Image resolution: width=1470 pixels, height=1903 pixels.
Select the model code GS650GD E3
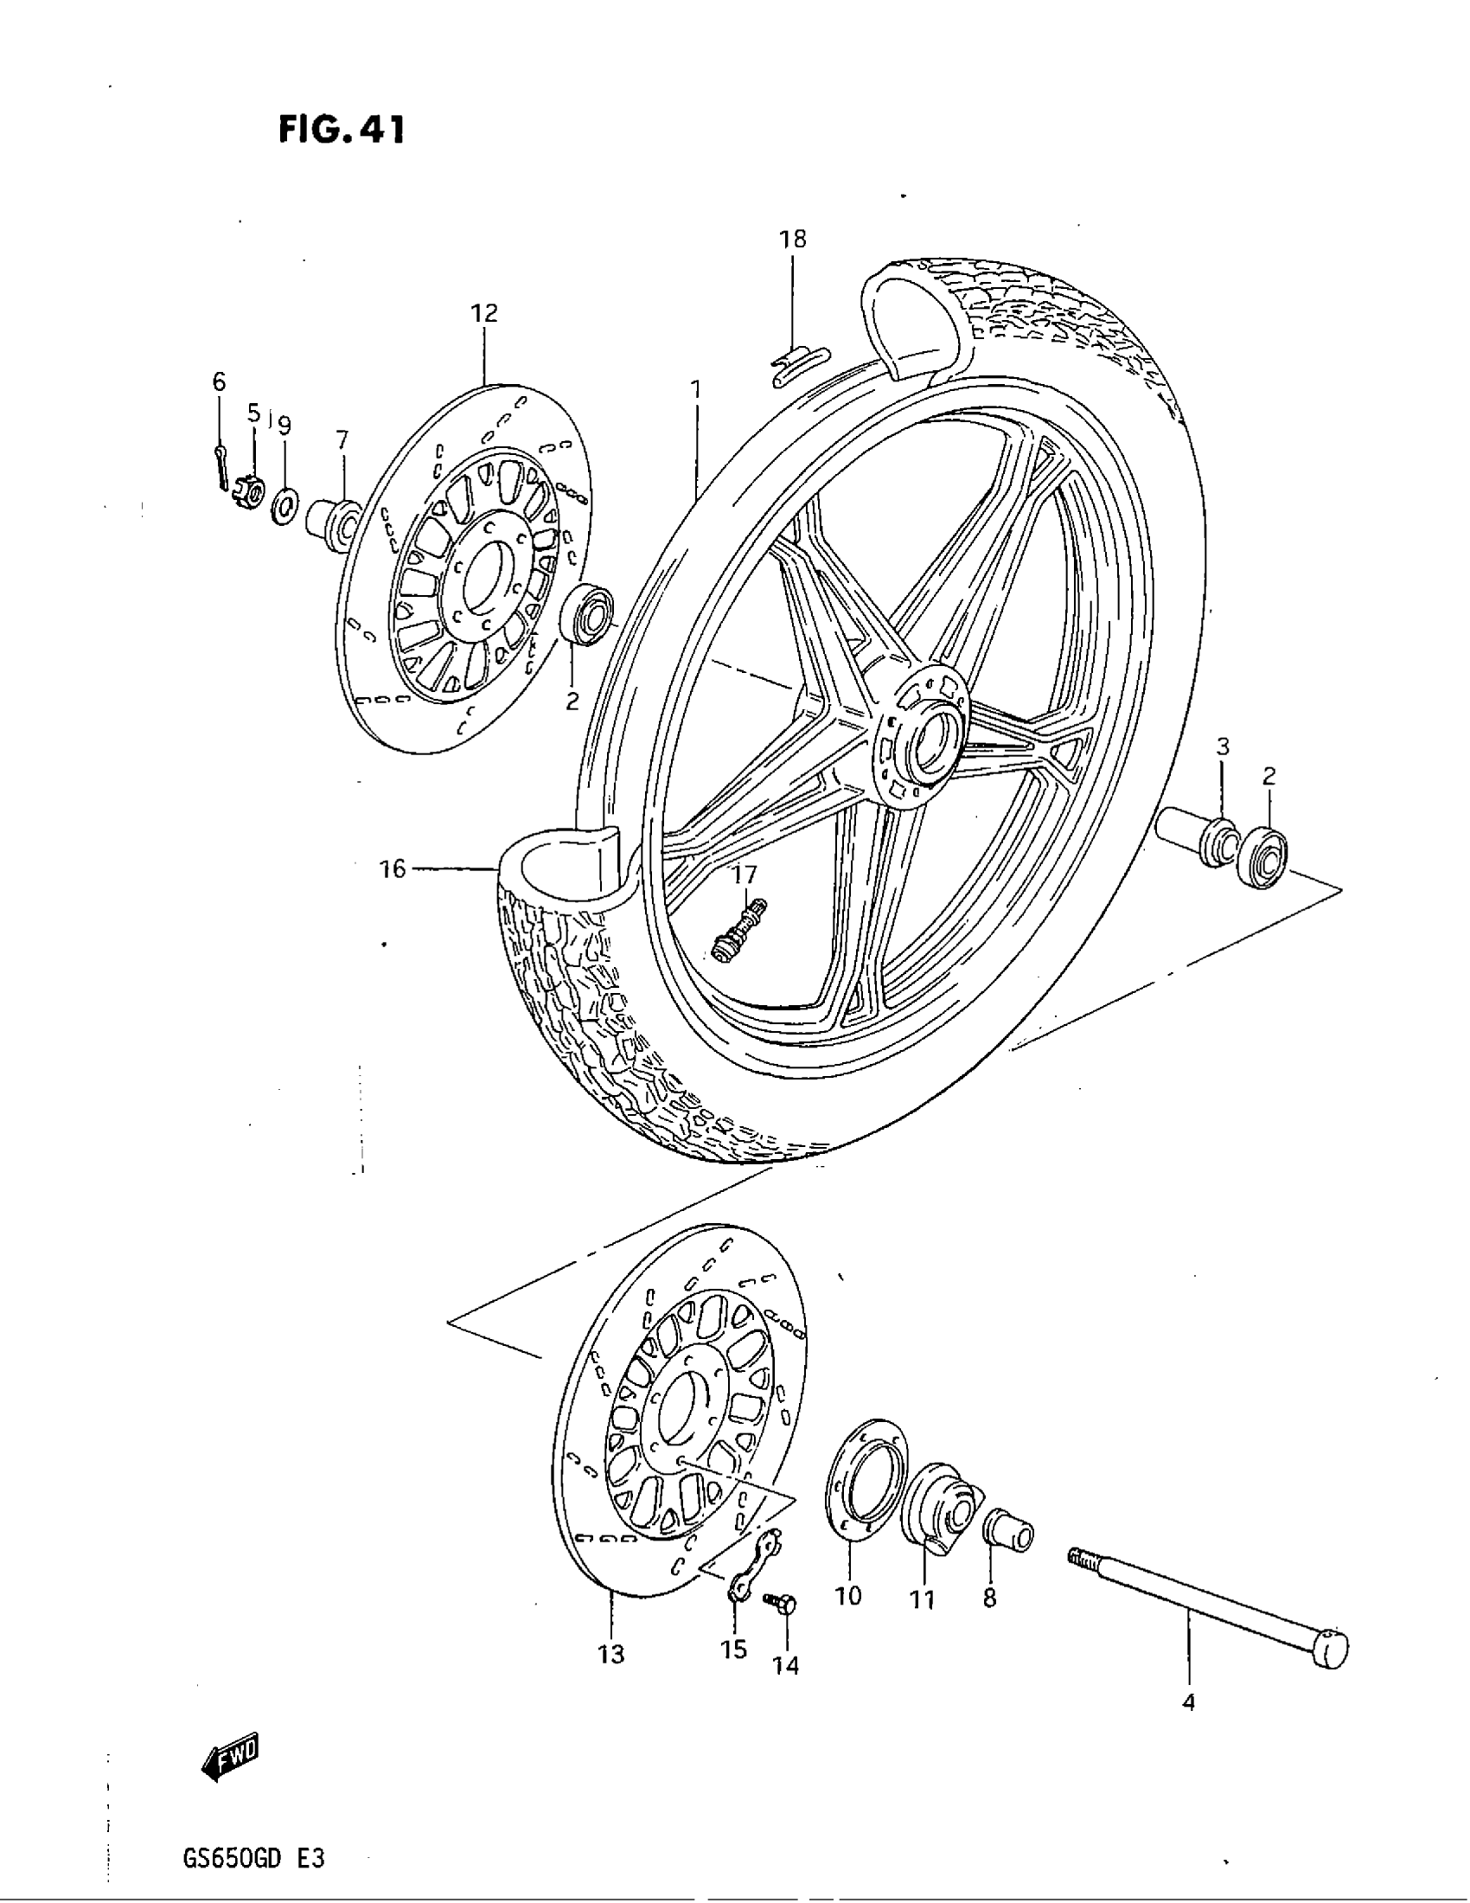pyautogui.click(x=254, y=1858)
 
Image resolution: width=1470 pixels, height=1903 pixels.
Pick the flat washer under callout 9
pyautogui.click(x=284, y=505)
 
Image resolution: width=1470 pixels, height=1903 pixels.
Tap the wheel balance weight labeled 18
pyautogui.click(x=797, y=363)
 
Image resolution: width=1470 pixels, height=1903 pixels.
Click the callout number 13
pyautogui.click(x=611, y=1654)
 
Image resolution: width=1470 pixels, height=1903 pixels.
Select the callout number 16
pyautogui.click(x=393, y=868)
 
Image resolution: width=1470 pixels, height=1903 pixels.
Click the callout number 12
pyautogui.click(x=484, y=313)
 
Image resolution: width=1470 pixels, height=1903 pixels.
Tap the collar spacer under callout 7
pyautogui.click(x=333, y=523)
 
